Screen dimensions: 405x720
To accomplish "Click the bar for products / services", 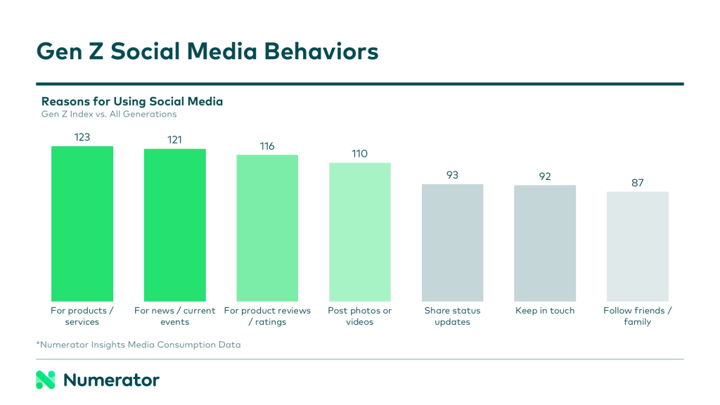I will click(x=82, y=224).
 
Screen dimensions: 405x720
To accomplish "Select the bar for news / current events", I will click(x=174, y=225).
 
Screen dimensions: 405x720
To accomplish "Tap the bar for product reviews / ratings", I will click(x=267, y=228).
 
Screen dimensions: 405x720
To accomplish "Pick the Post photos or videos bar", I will click(x=359, y=232).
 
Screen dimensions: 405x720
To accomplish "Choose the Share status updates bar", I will click(x=452, y=243).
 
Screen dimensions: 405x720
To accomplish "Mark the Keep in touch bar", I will click(x=545, y=243).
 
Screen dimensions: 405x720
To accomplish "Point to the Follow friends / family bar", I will click(x=637, y=246).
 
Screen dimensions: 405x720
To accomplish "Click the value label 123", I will click(x=82, y=137).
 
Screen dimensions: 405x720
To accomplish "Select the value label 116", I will click(x=267, y=146).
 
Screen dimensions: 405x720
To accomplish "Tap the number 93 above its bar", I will click(x=452, y=175).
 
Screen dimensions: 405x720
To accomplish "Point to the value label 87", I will click(x=637, y=183).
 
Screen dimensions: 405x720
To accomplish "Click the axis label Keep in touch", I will click(x=545, y=311).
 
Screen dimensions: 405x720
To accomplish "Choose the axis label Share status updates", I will click(x=452, y=316).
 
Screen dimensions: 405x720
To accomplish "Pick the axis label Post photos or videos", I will click(x=359, y=316).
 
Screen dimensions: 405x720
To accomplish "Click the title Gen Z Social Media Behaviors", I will click(x=207, y=51).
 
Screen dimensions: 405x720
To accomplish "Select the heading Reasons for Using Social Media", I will click(x=132, y=101).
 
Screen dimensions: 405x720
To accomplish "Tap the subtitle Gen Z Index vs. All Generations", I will click(x=109, y=114).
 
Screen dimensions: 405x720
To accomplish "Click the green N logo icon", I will click(x=45, y=380).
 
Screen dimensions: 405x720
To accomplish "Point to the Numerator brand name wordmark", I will click(x=111, y=380).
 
